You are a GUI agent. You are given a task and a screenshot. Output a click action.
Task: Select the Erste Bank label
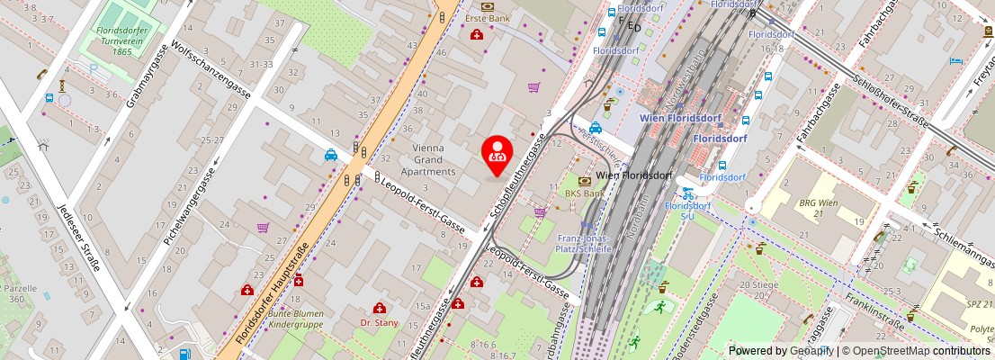(487, 18)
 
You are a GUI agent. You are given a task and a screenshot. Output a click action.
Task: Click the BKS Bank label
(584, 193)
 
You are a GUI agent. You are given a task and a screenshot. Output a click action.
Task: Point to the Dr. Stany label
(379, 321)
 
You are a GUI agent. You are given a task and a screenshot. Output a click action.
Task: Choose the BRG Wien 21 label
(818, 209)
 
